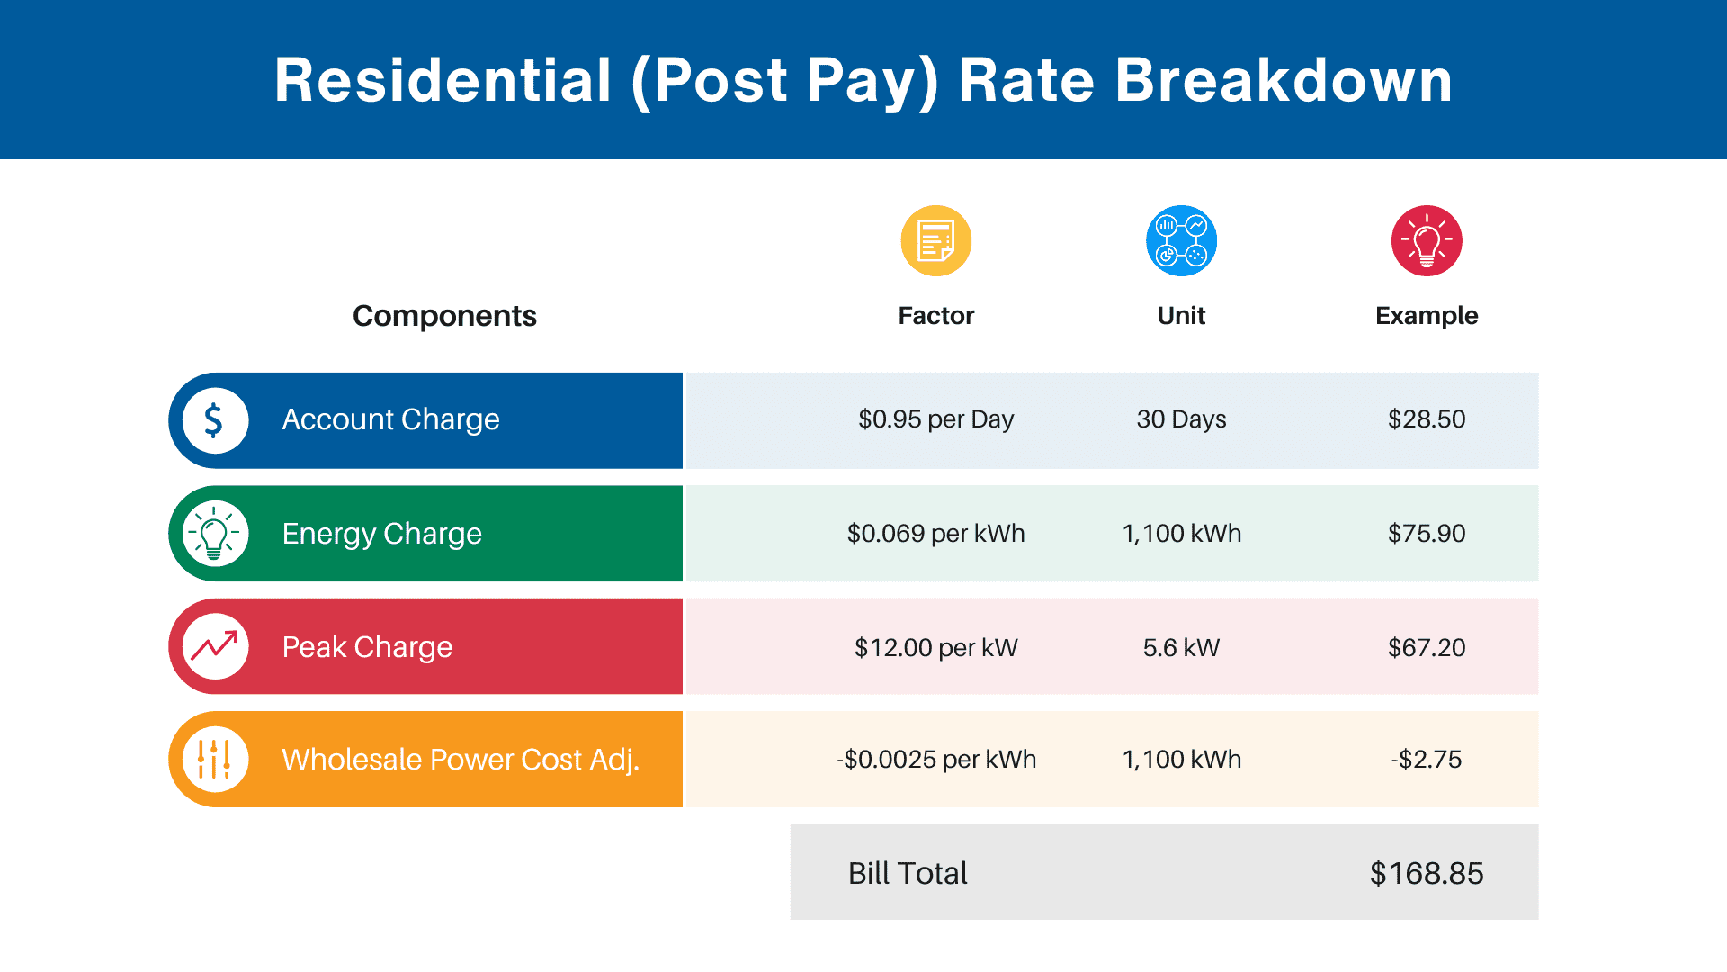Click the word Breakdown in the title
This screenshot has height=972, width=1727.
(1284, 81)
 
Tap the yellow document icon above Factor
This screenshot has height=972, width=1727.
(935, 241)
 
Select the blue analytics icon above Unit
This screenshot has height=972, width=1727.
(1181, 241)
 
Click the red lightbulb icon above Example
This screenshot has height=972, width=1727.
(1427, 241)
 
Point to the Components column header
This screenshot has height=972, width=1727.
(444, 316)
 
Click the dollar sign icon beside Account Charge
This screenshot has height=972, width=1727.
(215, 420)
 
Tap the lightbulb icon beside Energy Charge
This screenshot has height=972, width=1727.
(215, 534)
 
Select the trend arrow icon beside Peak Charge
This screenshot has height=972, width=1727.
(215, 646)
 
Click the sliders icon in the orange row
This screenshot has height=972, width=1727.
(215, 760)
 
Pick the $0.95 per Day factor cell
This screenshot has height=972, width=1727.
(935, 419)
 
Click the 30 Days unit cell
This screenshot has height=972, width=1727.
(1181, 419)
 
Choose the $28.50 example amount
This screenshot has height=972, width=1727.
(1427, 419)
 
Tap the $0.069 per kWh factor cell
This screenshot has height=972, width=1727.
(935, 534)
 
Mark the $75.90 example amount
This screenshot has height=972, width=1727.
(1427, 534)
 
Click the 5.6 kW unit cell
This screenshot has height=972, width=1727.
(1181, 647)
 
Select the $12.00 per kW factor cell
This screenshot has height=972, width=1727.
(935, 647)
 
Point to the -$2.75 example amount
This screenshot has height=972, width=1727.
(1427, 760)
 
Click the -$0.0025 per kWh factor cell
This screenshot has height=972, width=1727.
(935, 760)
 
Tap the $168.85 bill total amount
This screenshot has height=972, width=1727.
(1427, 873)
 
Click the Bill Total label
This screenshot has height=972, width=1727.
(908, 873)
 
